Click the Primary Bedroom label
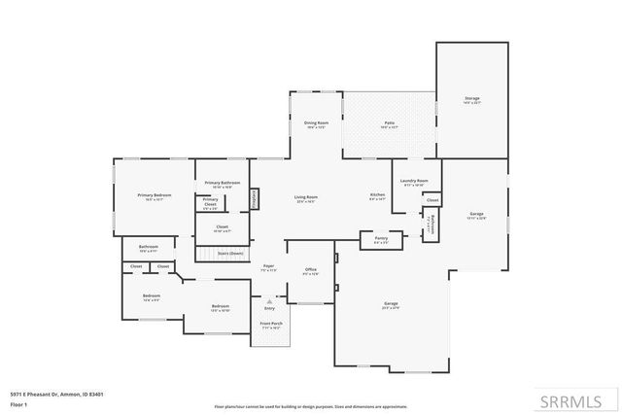[154, 195]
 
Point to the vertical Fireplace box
[255, 197]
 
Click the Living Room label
[306, 197]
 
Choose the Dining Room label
[316, 123]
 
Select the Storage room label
[471, 98]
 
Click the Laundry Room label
[415, 181]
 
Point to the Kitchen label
[377, 195]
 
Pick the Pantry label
[381, 237]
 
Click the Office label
[311, 269]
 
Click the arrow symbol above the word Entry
[269, 301]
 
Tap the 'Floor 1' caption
[18, 403]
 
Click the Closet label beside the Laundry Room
[432, 200]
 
